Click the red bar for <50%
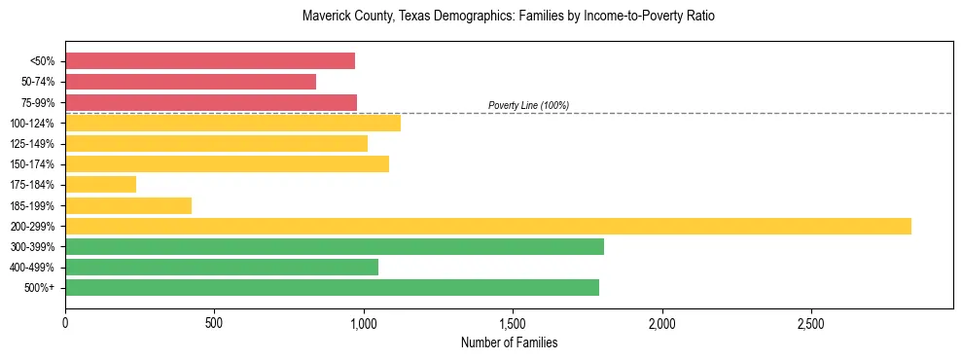pyautogui.click(x=210, y=61)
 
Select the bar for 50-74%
pyautogui.click(x=191, y=82)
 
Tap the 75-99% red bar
pyautogui.click(x=211, y=102)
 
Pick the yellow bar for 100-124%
pyautogui.click(x=232, y=123)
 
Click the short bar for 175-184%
pyautogui.click(x=100, y=184)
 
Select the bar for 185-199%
pyautogui.click(x=128, y=205)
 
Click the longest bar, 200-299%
pyautogui.click(x=488, y=226)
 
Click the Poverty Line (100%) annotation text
pyautogui.click(x=528, y=105)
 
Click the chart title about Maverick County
pyautogui.click(x=509, y=17)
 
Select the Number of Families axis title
pyautogui.click(x=509, y=342)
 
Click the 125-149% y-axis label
pyautogui.click(x=38, y=144)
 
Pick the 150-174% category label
pyautogui.click(x=38, y=164)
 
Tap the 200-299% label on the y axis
pyautogui.click(x=38, y=226)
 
